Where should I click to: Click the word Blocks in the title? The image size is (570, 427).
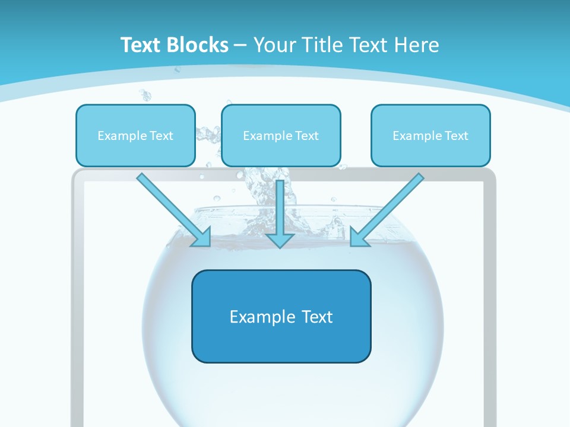[x=198, y=45]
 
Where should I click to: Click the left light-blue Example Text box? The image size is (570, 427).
[x=135, y=136]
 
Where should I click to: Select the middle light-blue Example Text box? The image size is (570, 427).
[x=281, y=136]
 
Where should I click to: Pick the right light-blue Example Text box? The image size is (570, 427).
[x=430, y=136]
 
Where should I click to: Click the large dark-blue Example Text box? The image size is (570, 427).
[x=281, y=316]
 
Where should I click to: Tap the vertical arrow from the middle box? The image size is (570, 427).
[x=280, y=208]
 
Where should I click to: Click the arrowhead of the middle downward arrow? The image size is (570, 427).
[x=280, y=239]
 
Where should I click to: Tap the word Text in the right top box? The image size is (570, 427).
[x=457, y=136]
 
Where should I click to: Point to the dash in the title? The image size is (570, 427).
[x=240, y=45]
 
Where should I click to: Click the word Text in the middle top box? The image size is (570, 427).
[x=307, y=136]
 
